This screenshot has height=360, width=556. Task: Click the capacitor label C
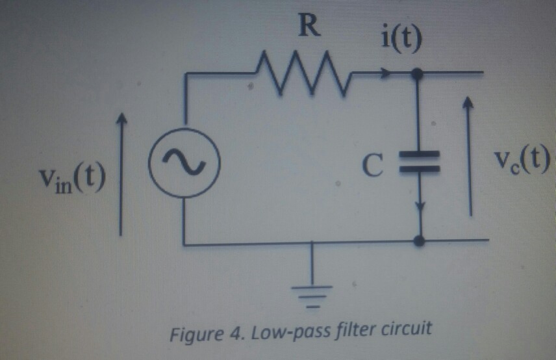pyautogui.click(x=371, y=166)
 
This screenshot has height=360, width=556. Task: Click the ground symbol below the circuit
pyautogui.click(x=314, y=289)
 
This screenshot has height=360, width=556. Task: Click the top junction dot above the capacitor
pyautogui.click(x=418, y=75)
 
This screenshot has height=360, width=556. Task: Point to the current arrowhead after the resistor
pyautogui.click(x=388, y=75)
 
